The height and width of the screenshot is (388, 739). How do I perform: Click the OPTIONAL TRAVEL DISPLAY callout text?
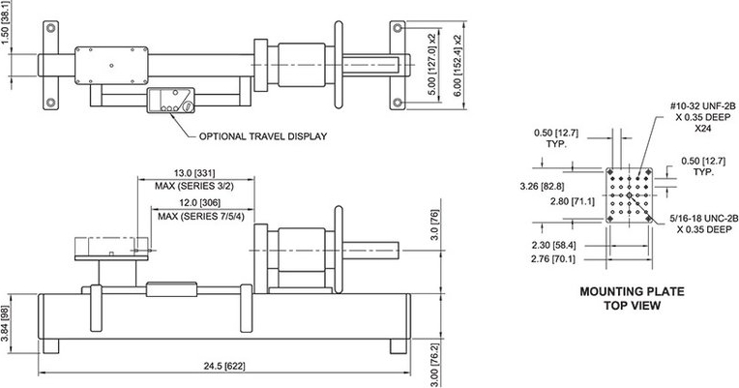262,136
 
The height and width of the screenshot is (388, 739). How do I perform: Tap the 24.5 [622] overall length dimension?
224,366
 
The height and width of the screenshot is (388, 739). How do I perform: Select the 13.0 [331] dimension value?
194,173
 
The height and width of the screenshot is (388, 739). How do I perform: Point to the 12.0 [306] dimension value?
200,203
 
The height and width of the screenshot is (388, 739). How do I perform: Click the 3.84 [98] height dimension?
5,325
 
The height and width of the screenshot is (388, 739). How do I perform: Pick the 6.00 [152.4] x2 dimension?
458,65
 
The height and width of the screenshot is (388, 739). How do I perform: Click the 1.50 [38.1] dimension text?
5,22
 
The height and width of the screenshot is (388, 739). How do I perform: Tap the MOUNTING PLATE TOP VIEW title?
632,298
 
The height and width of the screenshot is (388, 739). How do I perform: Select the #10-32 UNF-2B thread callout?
702,107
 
